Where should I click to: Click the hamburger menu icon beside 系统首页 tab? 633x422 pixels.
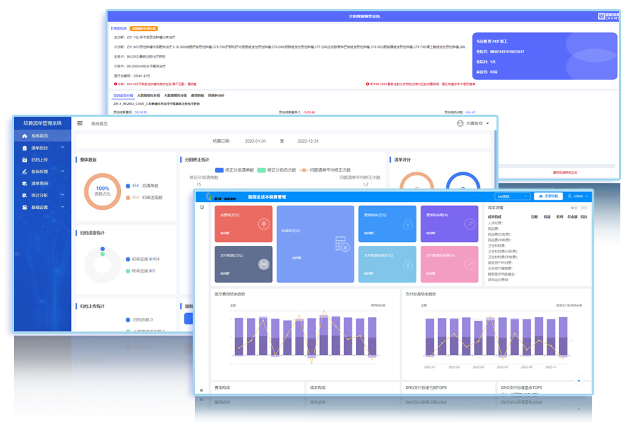pos(79,123)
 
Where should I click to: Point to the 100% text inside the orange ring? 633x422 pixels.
pos(103,188)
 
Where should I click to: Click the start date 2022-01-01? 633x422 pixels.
pos(255,141)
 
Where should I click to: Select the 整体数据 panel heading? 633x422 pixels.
pos(89,160)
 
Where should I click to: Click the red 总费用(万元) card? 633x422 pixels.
pos(243,224)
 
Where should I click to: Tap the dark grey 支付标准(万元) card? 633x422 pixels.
pos(243,264)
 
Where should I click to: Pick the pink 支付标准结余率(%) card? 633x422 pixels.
pos(449,264)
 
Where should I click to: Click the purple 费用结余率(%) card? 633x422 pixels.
pos(449,224)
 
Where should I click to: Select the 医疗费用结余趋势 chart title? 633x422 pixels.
pos(231,294)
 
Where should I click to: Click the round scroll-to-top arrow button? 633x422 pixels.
pos(579,381)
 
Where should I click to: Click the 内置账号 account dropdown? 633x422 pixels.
pos(473,123)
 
